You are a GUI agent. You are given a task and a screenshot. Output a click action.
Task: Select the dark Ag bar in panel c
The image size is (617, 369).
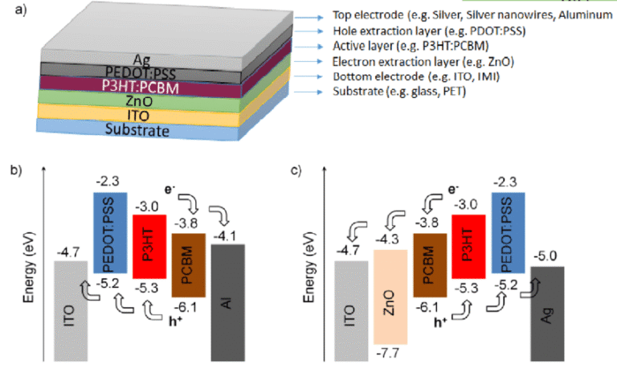click(548, 314)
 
